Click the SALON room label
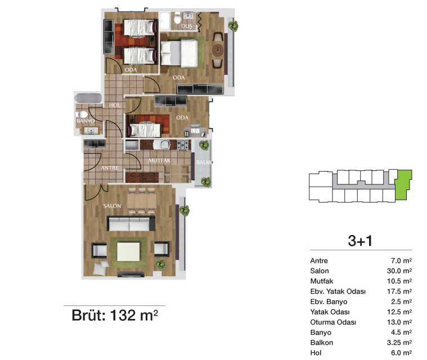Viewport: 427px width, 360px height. pos(112,206)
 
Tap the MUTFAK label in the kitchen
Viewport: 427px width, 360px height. pos(159,160)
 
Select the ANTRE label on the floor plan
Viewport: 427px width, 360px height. pos(110,168)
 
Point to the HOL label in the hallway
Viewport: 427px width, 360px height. pos(115,105)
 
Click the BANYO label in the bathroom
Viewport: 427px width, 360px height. pos(86,121)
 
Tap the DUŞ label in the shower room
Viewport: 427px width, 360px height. pos(187,26)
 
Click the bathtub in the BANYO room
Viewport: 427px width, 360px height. pos(88,98)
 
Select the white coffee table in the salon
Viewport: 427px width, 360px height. pos(128,251)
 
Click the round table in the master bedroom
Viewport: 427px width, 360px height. pos(218,50)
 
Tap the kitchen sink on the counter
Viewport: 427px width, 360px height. pos(161,145)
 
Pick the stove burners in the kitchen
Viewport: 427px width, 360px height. pos(183,145)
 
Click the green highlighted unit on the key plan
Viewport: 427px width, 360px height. pos(403,184)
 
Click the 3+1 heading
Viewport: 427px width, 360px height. pos(360,241)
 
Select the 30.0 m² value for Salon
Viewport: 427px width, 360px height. pos(399,271)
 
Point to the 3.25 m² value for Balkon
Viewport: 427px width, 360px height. pos(399,343)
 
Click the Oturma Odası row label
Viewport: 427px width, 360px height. pos(333,322)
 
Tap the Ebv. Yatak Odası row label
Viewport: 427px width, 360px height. pos(338,291)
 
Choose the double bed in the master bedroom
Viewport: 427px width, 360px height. pos(179,53)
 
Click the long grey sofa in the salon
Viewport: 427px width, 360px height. pos(131,223)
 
